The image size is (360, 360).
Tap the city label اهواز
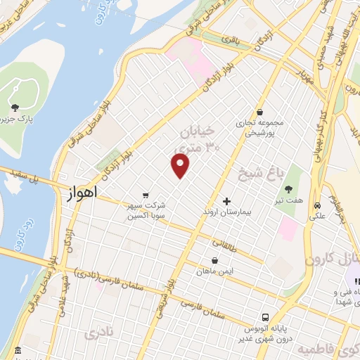[84, 191]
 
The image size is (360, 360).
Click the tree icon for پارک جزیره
[15, 108]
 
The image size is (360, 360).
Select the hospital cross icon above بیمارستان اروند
[226, 201]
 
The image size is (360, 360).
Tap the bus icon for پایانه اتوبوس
[265, 317]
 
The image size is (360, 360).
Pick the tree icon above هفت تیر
[288, 188]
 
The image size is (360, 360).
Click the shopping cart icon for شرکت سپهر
[145, 195]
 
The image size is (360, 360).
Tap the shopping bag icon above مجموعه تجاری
[260, 112]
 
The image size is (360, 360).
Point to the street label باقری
[230, 41]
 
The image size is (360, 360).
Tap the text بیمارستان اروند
[226, 211]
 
